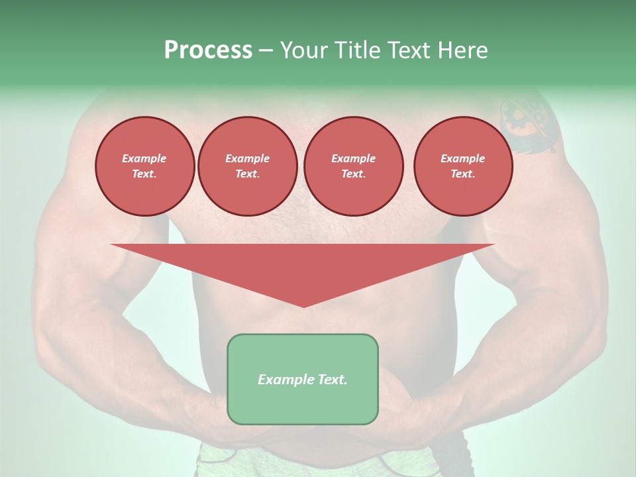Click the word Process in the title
tap(208, 50)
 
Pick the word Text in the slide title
tap(409, 50)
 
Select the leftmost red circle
tap(144, 166)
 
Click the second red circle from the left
tap(247, 166)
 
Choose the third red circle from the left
tap(353, 166)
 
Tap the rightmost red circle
tap(462, 166)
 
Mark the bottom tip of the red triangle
tap(303, 306)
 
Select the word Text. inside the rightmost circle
tap(462, 174)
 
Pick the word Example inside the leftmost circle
tap(144, 158)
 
